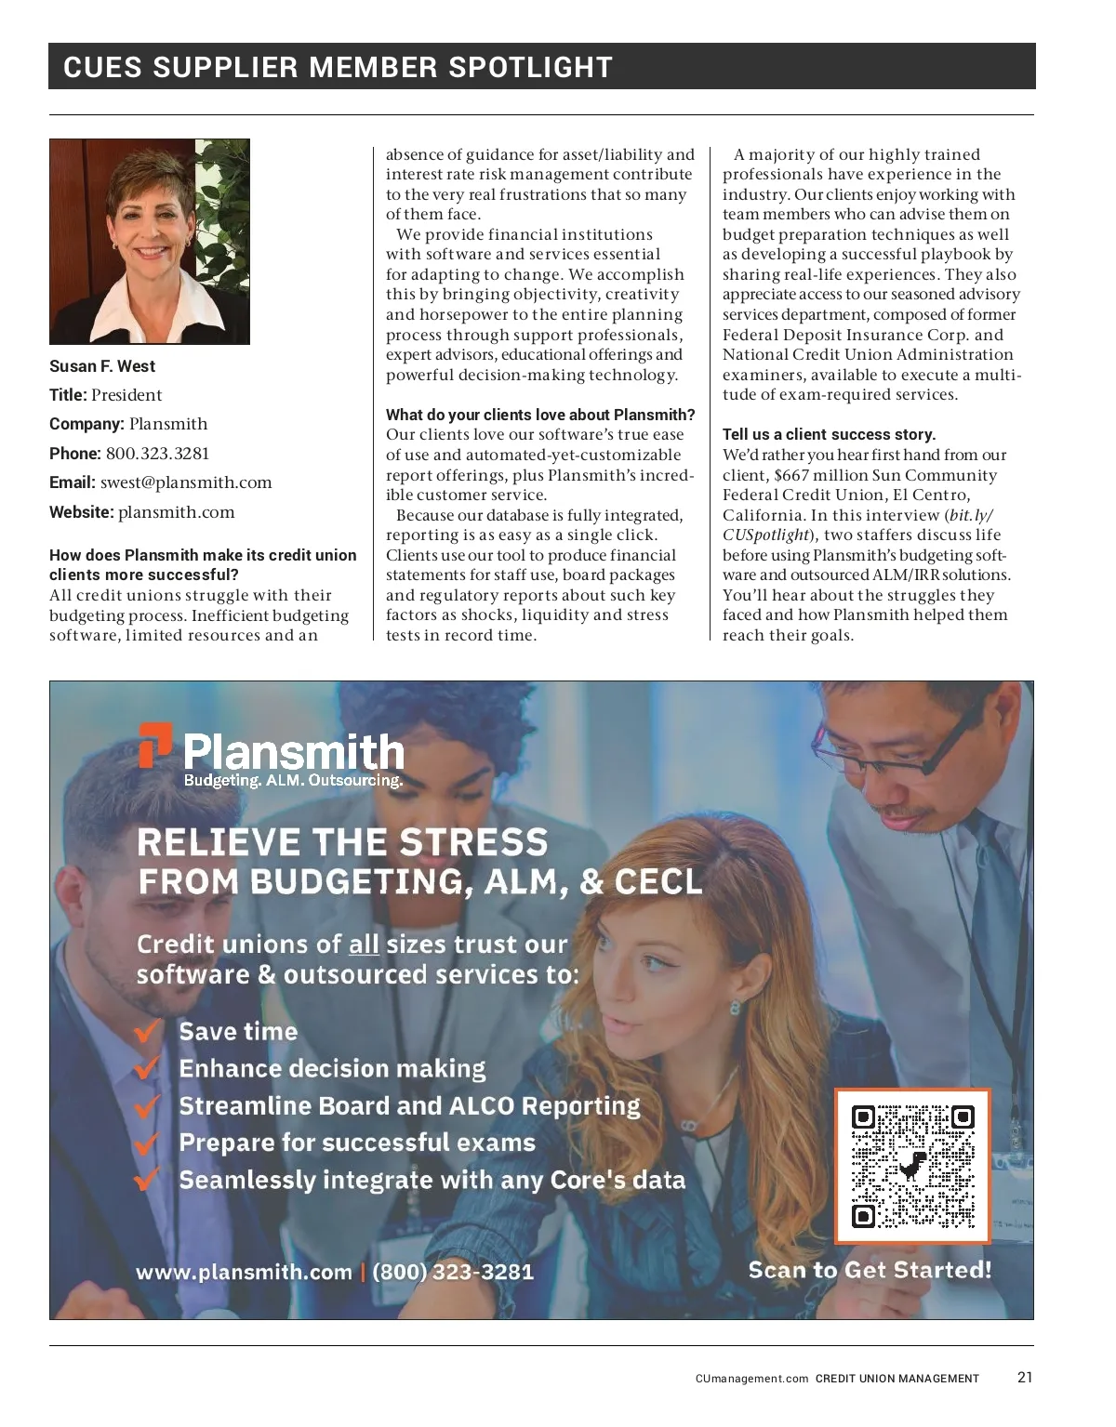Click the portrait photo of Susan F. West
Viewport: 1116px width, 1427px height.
pos(150,242)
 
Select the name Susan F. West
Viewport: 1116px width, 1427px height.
pos(102,366)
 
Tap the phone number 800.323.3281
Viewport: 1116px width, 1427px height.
pos(157,454)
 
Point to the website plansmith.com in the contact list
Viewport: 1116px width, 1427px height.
pos(177,512)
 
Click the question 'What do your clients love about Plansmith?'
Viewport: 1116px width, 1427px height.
pos(540,415)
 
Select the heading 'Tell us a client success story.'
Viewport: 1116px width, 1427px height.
pos(829,434)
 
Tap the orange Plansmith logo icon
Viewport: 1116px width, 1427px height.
pos(155,746)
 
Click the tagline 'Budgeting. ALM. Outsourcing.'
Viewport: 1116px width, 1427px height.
pos(293,780)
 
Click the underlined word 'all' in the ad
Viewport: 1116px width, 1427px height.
pos(364,945)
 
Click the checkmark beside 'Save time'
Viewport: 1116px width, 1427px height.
pos(147,1032)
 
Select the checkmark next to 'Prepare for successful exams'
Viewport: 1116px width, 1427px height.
pos(147,1143)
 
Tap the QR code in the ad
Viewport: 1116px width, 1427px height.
pos(912,1166)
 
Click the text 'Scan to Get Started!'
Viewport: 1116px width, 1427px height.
pos(870,1270)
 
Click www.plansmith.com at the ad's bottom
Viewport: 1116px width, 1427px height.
pos(245,1272)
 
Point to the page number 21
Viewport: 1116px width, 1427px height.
pos(1025,1378)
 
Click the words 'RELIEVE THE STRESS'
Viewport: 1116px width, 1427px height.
pos(343,842)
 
